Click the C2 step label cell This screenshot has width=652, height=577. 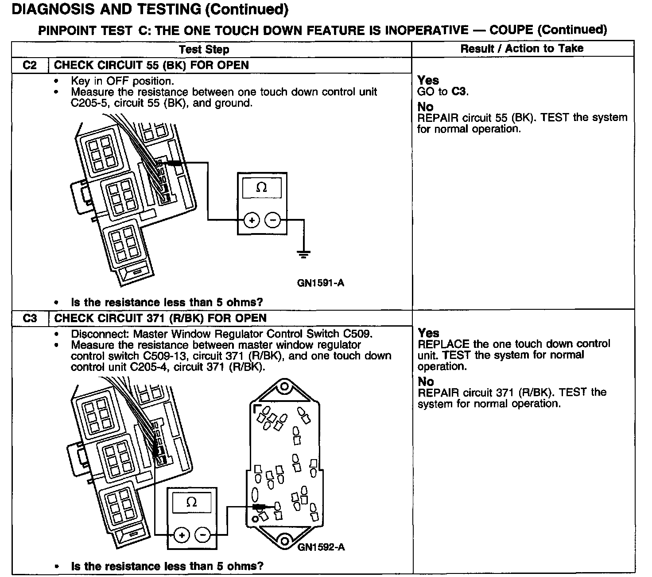click(x=30, y=66)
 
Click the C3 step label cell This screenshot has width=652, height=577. click(x=30, y=319)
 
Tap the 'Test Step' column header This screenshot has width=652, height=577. click(x=204, y=50)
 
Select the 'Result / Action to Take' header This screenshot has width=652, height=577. click(x=522, y=49)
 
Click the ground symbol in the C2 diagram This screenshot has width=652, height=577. click(x=303, y=254)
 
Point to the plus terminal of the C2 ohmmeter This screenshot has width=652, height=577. click(x=252, y=220)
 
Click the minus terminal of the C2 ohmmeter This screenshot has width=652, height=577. click(x=272, y=220)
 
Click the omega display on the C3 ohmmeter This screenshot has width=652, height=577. click(x=191, y=502)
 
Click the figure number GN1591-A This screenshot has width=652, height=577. click(x=320, y=283)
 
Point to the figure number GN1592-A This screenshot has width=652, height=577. click(x=321, y=547)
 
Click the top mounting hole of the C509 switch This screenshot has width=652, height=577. click(x=284, y=387)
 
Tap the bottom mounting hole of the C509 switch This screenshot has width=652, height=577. click(x=284, y=541)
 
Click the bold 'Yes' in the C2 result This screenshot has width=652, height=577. click(x=428, y=80)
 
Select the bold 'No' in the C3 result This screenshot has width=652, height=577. click(x=426, y=381)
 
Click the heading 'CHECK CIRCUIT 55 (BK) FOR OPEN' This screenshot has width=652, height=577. click(x=151, y=66)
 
